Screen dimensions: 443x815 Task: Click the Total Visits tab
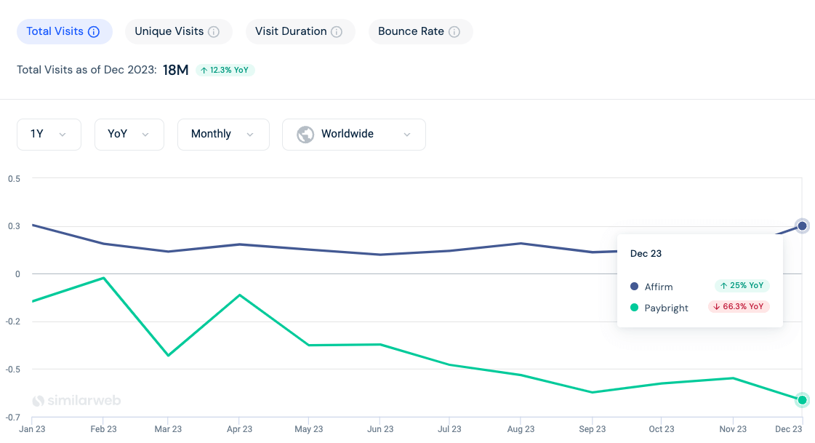[x=63, y=31]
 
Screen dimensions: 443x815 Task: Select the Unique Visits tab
[x=178, y=31]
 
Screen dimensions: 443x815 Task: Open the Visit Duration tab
[x=299, y=31]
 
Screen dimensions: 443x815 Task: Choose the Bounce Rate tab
[x=420, y=31]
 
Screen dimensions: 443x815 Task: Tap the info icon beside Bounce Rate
[x=454, y=32]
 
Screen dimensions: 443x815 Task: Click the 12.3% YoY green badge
[x=225, y=70]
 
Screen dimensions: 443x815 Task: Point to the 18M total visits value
[x=175, y=70]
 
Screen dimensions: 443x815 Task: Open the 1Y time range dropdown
[x=49, y=134]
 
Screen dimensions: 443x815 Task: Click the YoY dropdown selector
[x=129, y=134]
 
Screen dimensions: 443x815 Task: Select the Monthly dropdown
[x=222, y=134]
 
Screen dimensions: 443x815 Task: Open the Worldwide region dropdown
[x=353, y=134]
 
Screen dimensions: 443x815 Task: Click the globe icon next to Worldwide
[x=305, y=134]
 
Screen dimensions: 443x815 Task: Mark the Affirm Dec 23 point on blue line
[x=802, y=226]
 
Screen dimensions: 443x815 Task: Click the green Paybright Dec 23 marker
[x=802, y=399]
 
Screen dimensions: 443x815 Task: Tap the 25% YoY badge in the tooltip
[x=742, y=286]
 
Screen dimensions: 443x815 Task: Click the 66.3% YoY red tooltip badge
[x=739, y=306]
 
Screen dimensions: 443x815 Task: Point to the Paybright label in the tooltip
[x=666, y=308]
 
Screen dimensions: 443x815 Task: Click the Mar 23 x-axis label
[x=168, y=429]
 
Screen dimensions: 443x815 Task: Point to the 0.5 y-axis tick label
[x=13, y=178]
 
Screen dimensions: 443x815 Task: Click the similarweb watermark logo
[x=76, y=400]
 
